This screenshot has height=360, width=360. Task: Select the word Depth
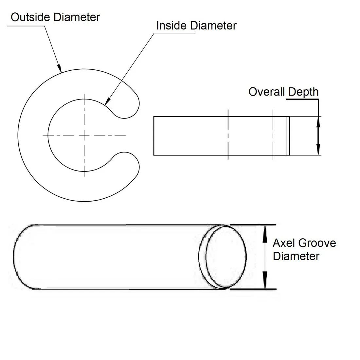click(x=303, y=92)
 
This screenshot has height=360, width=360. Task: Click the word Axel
click(x=283, y=243)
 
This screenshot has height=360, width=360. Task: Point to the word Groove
click(x=317, y=243)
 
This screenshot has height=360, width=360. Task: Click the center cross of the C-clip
click(x=84, y=135)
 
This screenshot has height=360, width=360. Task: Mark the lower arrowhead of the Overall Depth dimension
click(x=317, y=151)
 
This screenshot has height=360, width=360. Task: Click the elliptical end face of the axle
click(x=226, y=257)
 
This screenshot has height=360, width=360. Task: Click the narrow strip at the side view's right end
click(x=288, y=135)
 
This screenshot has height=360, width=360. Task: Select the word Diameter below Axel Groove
click(x=296, y=256)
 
